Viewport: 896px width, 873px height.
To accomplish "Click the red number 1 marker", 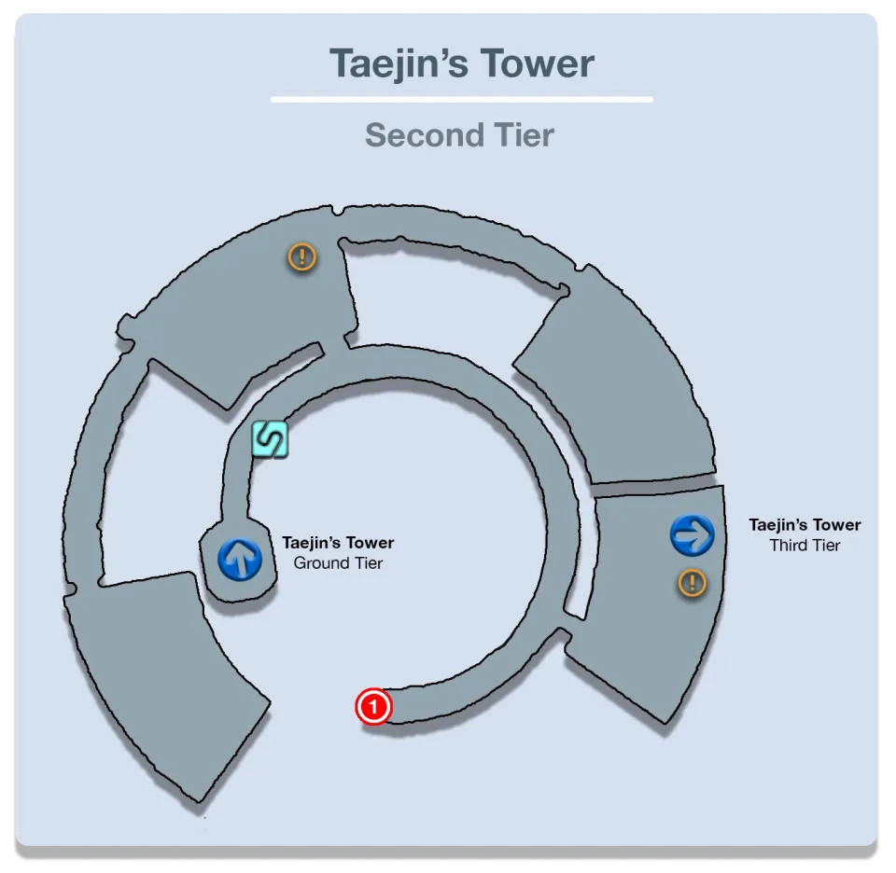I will [373, 707].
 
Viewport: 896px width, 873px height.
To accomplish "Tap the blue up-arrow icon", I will [240, 559].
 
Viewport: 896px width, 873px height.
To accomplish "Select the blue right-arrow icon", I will [692, 535].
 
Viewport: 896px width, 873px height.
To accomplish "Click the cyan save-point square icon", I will [270, 439].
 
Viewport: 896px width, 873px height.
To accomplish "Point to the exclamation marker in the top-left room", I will [301, 256].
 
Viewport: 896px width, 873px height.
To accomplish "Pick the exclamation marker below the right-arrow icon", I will [692, 584].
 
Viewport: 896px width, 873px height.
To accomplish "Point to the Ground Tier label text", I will [338, 563].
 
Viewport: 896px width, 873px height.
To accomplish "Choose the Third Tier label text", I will [805, 546].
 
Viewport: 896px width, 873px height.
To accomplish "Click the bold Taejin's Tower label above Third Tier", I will [805, 525].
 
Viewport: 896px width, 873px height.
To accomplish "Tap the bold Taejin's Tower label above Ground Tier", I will [338, 543].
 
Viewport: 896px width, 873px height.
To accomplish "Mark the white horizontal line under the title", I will [462, 99].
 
